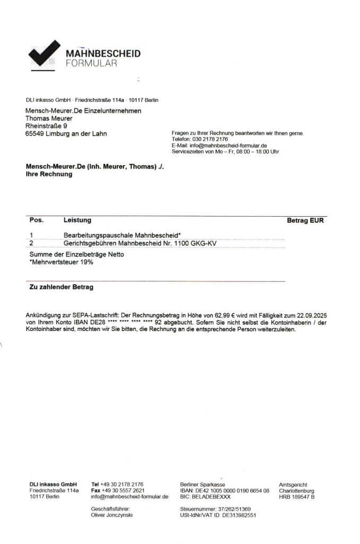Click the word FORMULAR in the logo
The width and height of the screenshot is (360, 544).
[91, 64]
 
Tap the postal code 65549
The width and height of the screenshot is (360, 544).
[36, 133]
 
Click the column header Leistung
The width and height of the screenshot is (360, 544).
[78, 220]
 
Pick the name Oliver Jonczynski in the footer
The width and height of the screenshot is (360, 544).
[112, 515]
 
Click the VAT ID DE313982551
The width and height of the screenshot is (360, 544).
[234, 515]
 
